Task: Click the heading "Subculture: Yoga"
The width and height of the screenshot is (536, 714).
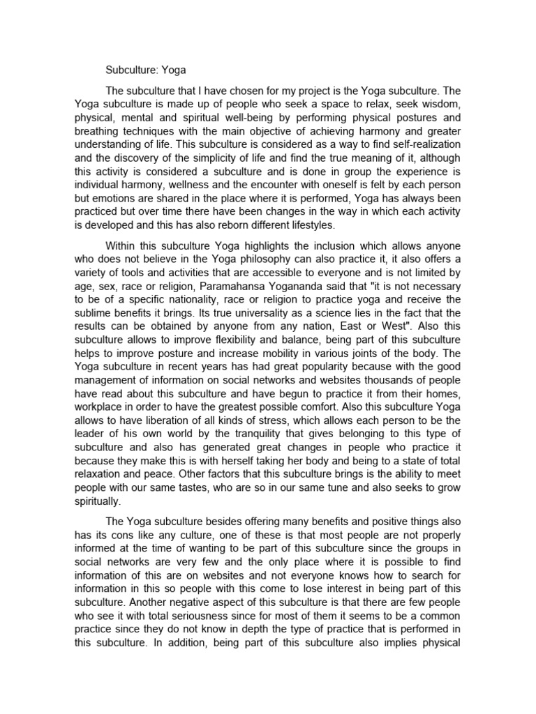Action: [x=146, y=70]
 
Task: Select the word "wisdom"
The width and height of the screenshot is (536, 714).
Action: [x=438, y=105]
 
